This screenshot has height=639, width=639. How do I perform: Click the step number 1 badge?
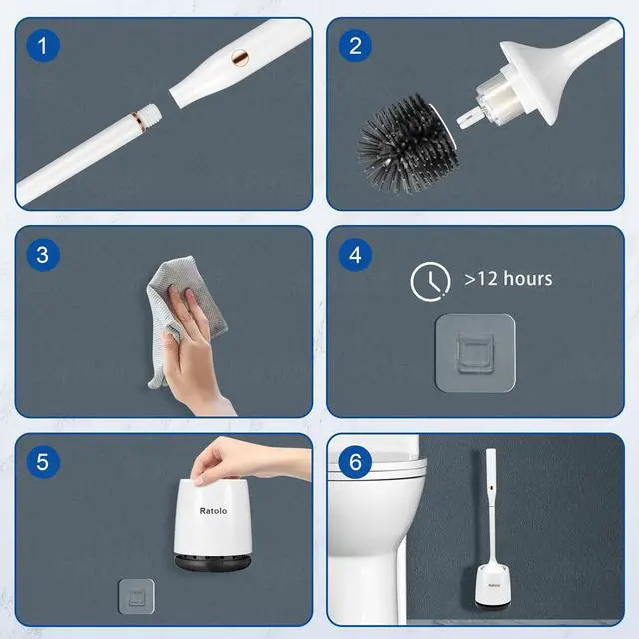tap(42, 45)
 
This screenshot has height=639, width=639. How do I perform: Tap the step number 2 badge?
tap(354, 45)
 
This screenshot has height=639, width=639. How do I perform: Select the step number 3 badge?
tap(42, 254)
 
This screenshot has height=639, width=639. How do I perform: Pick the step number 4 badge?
tap(354, 254)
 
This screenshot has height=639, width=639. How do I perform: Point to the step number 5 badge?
tap(42, 461)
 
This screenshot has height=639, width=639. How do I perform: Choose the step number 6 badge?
tap(354, 461)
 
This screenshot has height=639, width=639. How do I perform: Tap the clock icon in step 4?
tap(430, 281)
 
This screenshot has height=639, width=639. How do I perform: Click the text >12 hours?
tap(508, 279)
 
